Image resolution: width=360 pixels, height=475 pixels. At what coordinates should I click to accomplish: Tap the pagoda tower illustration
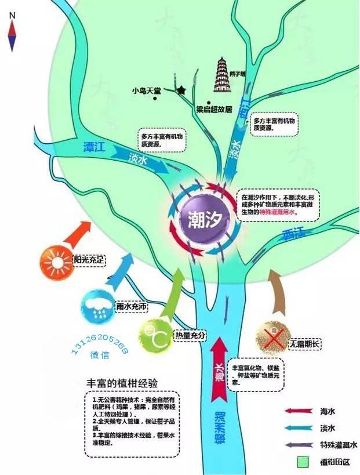[x=221, y=75]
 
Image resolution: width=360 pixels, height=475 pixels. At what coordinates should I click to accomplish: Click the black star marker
[x=181, y=90]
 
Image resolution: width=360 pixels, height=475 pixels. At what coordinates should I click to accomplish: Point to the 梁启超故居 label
[x=214, y=108]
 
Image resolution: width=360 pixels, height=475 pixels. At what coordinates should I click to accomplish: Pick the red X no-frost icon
[x=272, y=336]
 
